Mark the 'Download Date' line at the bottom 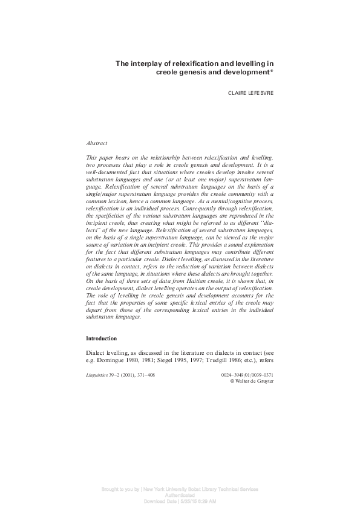click(180, 502)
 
